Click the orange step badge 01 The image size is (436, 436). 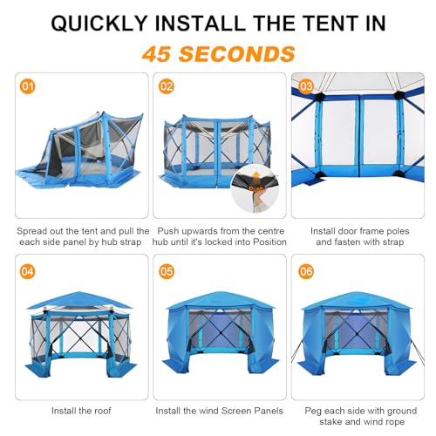(27, 87)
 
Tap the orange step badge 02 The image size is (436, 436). (167, 87)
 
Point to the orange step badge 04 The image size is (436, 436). (27, 271)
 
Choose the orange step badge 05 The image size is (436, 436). (167, 271)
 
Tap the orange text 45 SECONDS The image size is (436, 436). (218, 53)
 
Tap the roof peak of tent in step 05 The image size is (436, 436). (218, 293)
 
